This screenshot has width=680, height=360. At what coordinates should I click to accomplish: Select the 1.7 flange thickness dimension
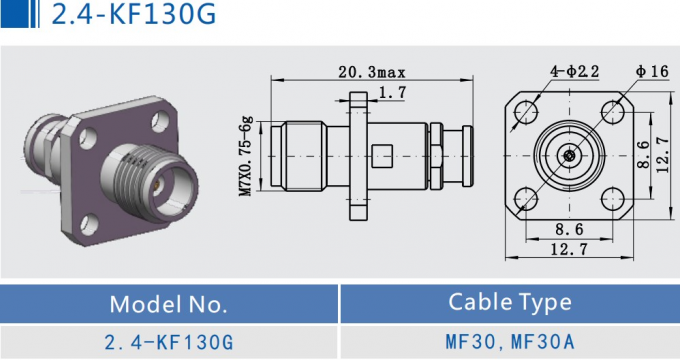(392, 93)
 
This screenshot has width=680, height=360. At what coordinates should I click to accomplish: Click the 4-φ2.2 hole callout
(572, 70)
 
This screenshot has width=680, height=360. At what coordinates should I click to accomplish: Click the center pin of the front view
(568, 155)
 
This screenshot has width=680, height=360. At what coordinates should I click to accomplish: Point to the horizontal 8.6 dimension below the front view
(568, 230)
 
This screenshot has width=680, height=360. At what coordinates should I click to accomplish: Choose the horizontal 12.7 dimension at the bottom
(568, 250)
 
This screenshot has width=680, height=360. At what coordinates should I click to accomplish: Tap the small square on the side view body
(382, 157)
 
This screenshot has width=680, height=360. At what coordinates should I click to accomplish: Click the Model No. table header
(169, 303)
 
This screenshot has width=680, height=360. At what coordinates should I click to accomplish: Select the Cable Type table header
(510, 302)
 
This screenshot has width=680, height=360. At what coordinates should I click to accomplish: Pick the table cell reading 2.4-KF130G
(169, 342)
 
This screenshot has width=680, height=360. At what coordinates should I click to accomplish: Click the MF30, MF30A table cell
(510, 342)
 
